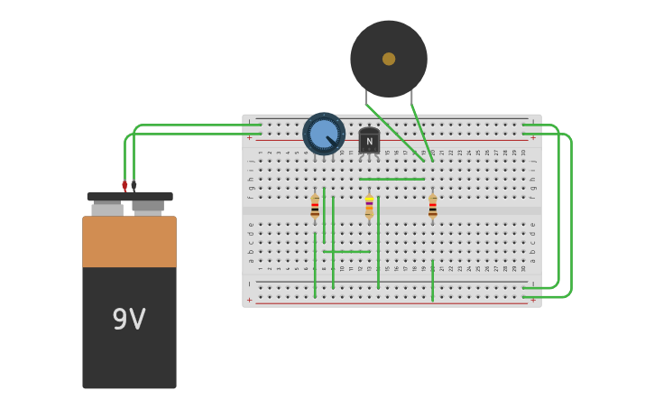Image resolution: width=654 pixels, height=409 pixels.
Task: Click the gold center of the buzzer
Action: (x=389, y=59)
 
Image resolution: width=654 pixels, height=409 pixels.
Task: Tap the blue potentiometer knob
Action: (x=324, y=134)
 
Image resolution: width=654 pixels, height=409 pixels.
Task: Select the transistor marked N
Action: (x=369, y=141)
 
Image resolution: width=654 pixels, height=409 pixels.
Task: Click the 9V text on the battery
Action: (x=129, y=319)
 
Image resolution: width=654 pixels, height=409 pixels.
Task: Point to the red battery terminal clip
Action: (x=124, y=185)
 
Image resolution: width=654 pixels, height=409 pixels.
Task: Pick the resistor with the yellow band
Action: (x=369, y=207)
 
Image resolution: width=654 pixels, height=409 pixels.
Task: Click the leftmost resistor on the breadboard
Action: (x=315, y=207)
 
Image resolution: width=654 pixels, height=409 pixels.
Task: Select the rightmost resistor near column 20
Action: (x=432, y=207)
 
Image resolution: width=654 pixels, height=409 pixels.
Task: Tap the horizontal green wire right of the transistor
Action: (x=392, y=179)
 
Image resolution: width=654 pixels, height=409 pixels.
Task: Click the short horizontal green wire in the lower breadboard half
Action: (x=347, y=251)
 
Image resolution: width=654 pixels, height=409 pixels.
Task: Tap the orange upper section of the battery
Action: (x=129, y=241)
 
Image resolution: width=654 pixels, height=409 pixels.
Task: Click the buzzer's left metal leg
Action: (x=366, y=97)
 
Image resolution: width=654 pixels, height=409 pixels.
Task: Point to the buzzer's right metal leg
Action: (x=412, y=98)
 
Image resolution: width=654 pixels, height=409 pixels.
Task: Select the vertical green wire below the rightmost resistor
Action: (x=432, y=280)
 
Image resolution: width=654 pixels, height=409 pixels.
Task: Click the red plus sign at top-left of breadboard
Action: (x=250, y=138)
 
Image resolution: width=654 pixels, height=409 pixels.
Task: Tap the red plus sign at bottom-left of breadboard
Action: (x=250, y=300)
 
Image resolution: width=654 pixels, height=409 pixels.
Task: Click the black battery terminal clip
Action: (x=134, y=184)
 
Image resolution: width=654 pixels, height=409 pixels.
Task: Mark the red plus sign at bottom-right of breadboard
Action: (x=533, y=300)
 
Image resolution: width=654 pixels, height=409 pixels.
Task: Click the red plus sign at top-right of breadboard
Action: (x=533, y=138)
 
